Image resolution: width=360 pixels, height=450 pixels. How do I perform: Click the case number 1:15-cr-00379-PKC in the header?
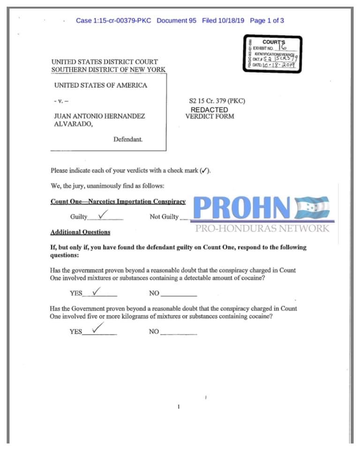click(x=113, y=21)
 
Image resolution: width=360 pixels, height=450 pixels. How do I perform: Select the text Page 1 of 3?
click(x=267, y=21)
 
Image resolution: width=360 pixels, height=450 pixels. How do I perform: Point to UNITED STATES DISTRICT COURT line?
click(x=105, y=61)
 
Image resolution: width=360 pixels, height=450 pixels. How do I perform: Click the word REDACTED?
click(x=209, y=109)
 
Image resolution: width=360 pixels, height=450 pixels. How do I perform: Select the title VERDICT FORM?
click(x=210, y=116)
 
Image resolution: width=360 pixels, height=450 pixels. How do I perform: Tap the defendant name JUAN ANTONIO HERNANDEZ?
click(x=99, y=116)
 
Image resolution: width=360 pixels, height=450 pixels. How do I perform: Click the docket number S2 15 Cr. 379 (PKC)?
click(x=217, y=101)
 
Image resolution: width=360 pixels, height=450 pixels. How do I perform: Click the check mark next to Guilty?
click(x=104, y=214)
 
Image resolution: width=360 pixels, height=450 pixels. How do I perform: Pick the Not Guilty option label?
click(x=164, y=217)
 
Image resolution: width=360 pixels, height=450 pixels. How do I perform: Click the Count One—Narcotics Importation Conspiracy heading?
click(x=118, y=202)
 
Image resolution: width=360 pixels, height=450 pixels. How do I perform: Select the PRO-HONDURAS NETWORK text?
click(x=262, y=229)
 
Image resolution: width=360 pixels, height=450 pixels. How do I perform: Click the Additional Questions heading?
click(x=80, y=232)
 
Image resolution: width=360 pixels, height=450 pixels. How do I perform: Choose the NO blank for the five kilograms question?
click(x=178, y=332)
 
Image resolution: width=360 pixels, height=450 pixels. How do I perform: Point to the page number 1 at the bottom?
click(x=179, y=407)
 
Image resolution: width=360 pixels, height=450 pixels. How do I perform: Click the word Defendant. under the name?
click(x=128, y=139)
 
